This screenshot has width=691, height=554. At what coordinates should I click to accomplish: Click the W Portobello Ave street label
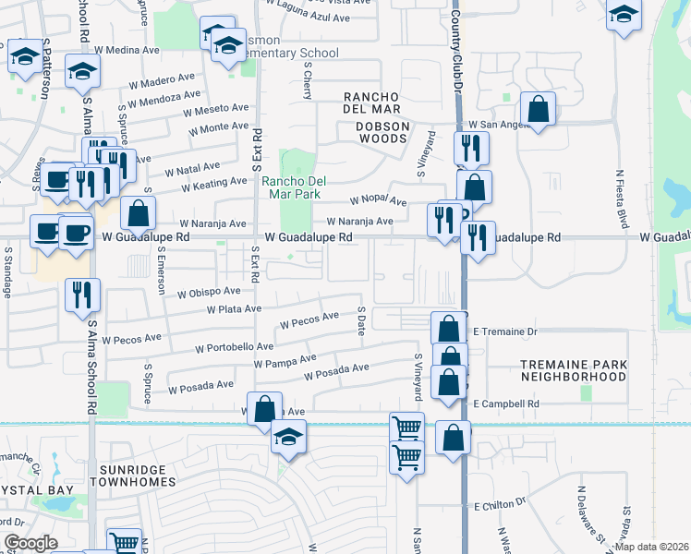(x=234, y=348)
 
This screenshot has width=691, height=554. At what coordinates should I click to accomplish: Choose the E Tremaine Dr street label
(x=504, y=331)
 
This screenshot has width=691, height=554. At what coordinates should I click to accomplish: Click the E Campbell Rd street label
(x=505, y=403)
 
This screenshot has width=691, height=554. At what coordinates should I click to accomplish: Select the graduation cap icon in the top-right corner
(x=624, y=14)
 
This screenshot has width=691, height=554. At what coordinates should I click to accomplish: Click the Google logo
(x=30, y=543)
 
